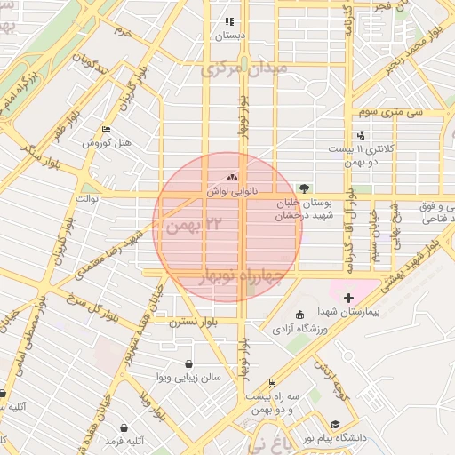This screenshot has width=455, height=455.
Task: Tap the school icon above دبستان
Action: (x=228, y=21)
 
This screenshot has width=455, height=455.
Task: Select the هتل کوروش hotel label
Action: (x=107, y=143)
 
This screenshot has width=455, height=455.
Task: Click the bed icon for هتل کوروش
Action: (x=108, y=130)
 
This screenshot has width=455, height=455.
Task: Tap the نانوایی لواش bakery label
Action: (x=232, y=191)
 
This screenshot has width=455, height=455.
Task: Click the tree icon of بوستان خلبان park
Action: (x=305, y=188)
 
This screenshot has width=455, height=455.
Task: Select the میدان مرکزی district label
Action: (x=243, y=68)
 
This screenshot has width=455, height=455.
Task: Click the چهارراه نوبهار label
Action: (x=242, y=276)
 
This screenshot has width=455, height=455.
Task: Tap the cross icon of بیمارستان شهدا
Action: (x=347, y=297)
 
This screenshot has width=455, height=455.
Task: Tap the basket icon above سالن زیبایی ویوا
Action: (x=188, y=363)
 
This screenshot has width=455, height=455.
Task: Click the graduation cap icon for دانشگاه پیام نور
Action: (x=335, y=425)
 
